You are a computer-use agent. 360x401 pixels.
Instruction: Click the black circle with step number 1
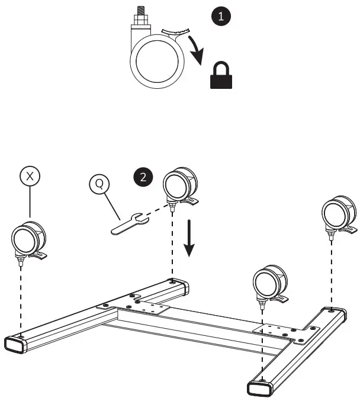[x=221, y=16]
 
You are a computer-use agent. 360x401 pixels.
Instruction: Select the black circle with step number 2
[x=142, y=176]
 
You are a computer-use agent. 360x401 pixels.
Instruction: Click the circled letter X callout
[x=30, y=176]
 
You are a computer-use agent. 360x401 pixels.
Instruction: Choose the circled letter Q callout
[x=99, y=184]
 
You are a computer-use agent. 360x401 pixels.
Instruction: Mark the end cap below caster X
[x=16, y=344]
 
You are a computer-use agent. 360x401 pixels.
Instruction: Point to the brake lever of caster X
[x=40, y=256]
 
